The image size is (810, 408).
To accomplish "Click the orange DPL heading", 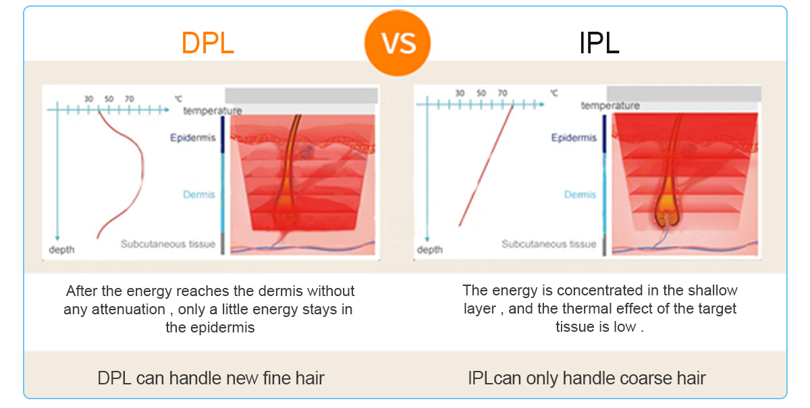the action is coord(208,43).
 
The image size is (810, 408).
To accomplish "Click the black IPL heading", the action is coord(599,43).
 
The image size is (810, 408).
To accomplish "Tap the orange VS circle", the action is coord(398,43).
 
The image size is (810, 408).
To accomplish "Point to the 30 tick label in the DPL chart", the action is coord(89,98).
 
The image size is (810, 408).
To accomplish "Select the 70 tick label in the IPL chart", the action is coord(502,93).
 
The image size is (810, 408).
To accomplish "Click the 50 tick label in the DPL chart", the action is coord(109,98).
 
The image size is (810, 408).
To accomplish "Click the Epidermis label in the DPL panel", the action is coord(193,138).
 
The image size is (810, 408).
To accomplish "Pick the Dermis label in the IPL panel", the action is coord(580,194).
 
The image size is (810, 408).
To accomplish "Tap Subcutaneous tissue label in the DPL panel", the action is coord(168,244).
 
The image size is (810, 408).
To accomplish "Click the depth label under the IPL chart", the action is coord(429,250).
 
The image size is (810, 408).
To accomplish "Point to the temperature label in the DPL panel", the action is coord(212,111).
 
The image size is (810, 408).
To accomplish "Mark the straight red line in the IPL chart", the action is coord(486,165).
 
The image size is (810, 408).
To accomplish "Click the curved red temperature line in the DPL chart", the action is coord(142,170).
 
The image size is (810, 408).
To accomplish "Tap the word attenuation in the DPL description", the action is coord(128,310).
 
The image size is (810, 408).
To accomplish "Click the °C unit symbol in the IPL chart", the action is coord(554,93).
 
